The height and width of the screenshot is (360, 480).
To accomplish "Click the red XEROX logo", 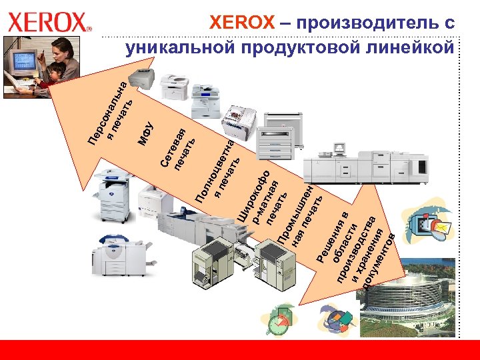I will [x=49, y=23].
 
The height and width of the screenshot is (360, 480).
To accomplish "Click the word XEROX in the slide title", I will [x=241, y=23].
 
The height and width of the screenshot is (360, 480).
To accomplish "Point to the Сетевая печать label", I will [x=178, y=148].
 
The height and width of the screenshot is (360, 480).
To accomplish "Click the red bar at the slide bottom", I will [x=240, y=350].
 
